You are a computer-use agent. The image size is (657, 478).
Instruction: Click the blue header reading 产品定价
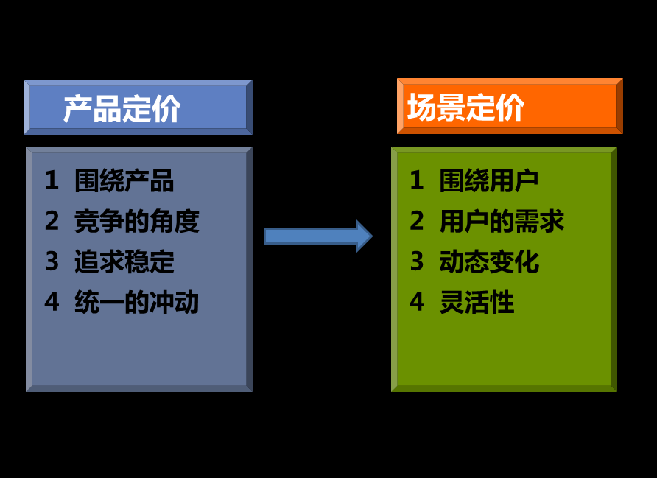[x=138, y=108]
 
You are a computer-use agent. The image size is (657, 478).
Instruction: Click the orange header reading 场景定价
[x=510, y=106]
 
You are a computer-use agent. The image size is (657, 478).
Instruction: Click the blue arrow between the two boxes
[x=318, y=236]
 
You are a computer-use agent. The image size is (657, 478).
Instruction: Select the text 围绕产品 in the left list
[x=124, y=181]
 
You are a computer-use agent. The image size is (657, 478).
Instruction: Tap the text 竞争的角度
[x=136, y=221]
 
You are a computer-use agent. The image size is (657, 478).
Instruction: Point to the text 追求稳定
[x=124, y=261]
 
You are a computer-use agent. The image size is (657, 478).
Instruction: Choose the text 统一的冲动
[x=136, y=302]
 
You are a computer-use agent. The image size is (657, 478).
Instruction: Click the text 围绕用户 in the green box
[x=489, y=181]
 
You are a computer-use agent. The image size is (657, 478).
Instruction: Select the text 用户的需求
[x=502, y=221]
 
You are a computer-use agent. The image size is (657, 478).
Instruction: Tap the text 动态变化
[x=489, y=261]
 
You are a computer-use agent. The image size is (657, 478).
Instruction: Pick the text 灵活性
[x=477, y=302]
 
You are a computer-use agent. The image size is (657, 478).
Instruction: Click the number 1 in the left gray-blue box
[x=52, y=180]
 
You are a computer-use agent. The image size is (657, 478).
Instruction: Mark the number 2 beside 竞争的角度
[x=52, y=220]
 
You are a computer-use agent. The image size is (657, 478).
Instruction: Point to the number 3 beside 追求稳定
[x=52, y=261]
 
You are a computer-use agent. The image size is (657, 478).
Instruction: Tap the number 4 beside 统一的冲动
[x=52, y=302]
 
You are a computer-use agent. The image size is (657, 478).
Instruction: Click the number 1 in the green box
[x=417, y=180]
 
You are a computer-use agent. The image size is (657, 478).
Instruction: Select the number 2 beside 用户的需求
[x=417, y=220]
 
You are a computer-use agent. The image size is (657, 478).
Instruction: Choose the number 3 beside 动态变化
[x=417, y=261]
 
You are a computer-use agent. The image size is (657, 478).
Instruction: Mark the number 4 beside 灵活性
[x=417, y=302]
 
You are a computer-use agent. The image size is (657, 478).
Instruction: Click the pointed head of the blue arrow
[x=372, y=236]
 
